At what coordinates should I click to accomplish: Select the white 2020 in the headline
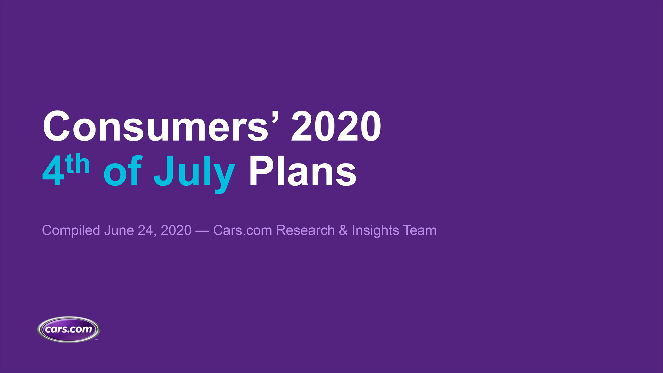tap(336, 126)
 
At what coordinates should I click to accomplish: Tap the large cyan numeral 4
tap(53, 171)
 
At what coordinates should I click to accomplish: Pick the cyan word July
tap(194, 172)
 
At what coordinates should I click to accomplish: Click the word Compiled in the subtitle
tap(71, 230)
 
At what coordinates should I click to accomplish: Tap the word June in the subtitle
tap(119, 230)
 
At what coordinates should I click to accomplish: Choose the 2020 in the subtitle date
tap(176, 230)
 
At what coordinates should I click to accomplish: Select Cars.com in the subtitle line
tap(242, 230)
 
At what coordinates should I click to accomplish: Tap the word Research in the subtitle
tap(305, 230)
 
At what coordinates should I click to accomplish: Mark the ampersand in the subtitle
tap(343, 230)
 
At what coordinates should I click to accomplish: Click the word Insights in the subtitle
tap(375, 230)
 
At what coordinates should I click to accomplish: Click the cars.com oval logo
tap(69, 329)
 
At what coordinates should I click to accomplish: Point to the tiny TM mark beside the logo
tap(96, 340)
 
